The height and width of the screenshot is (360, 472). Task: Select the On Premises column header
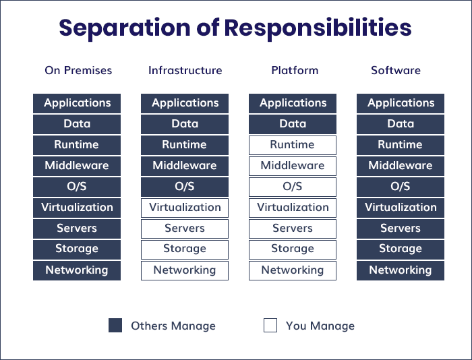pyautogui.click(x=78, y=70)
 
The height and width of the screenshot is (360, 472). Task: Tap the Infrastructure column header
pyautogui.click(x=185, y=70)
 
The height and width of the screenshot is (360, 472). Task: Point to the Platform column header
pyautogui.click(x=295, y=70)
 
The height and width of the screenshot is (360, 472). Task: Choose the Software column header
pyautogui.click(x=396, y=70)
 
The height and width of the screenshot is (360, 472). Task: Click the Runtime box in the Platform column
pyautogui.click(x=293, y=145)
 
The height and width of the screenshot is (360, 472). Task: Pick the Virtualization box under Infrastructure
pyautogui.click(x=185, y=208)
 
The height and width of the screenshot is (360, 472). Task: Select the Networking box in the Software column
pyautogui.click(x=401, y=270)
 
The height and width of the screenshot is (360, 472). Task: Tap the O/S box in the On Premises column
pyautogui.click(x=77, y=187)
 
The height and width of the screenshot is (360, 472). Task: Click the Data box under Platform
pyautogui.click(x=293, y=124)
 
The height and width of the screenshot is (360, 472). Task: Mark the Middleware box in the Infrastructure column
pyautogui.click(x=185, y=166)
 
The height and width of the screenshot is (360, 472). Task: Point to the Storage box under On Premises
pyautogui.click(x=77, y=249)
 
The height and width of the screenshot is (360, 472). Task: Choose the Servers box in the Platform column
pyautogui.click(x=293, y=229)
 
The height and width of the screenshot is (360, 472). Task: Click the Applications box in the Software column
pyautogui.click(x=401, y=103)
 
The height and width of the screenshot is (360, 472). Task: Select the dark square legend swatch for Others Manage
pyautogui.click(x=115, y=326)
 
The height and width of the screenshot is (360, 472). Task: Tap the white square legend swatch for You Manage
pyautogui.click(x=270, y=326)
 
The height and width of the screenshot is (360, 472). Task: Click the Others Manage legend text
pyautogui.click(x=173, y=326)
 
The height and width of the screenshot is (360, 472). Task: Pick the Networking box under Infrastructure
pyautogui.click(x=185, y=270)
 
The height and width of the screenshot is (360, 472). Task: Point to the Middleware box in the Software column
pyautogui.click(x=401, y=166)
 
